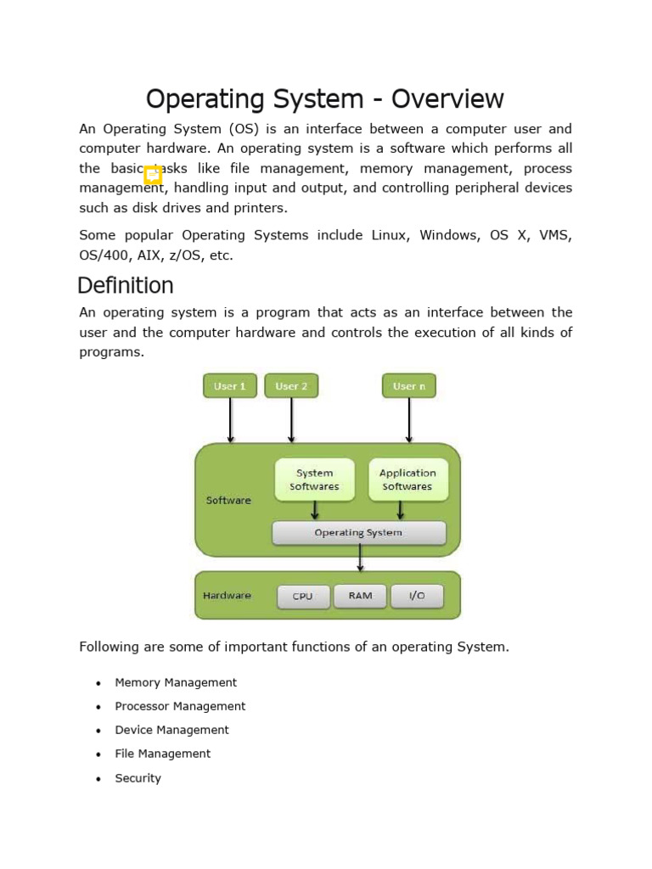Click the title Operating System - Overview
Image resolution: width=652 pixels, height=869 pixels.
click(325, 99)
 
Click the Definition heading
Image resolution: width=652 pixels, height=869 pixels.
click(126, 285)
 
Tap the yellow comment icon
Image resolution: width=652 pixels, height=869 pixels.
click(153, 175)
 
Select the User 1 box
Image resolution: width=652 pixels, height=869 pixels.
click(230, 386)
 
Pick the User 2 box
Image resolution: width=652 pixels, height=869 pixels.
click(291, 386)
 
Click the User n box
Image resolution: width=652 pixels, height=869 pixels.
click(409, 386)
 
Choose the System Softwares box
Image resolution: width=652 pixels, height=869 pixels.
click(315, 480)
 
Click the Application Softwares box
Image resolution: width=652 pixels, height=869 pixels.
click(407, 480)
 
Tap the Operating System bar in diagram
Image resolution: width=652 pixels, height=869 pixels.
click(358, 533)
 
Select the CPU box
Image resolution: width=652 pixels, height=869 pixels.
click(303, 597)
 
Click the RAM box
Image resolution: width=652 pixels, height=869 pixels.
click(360, 596)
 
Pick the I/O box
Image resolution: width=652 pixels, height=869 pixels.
click(417, 596)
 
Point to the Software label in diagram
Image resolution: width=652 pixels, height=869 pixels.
click(228, 501)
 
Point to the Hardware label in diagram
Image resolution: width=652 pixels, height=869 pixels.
click(227, 596)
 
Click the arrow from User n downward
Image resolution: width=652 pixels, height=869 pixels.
click(409, 420)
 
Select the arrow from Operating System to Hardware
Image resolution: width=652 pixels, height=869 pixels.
click(360, 558)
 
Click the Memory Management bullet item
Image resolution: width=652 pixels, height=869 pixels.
click(176, 682)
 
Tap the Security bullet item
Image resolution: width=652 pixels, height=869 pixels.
click(138, 778)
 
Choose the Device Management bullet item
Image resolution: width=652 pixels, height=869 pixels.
click(171, 730)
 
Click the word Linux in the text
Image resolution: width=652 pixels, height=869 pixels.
click(391, 235)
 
